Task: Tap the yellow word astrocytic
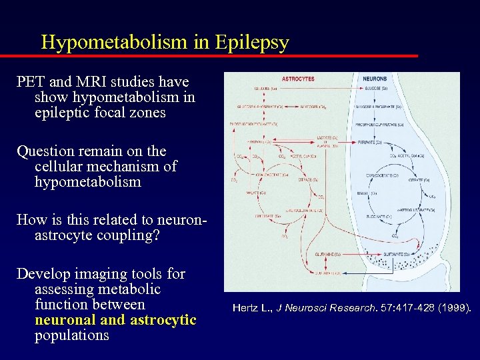click(163, 320)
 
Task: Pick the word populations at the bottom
click(71, 335)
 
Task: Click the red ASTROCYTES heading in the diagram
click(298, 79)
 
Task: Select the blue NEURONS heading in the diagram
click(375, 79)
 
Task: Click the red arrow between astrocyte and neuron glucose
click(327, 88)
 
